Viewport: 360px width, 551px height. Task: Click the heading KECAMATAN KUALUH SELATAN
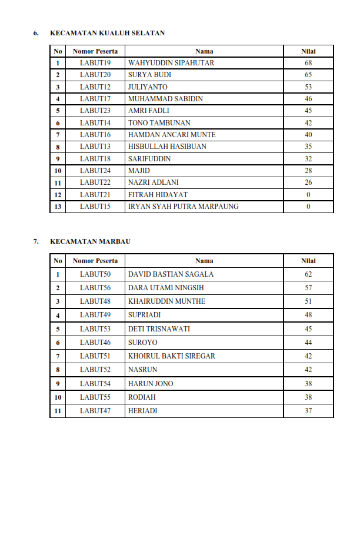pyautogui.click(x=107, y=33)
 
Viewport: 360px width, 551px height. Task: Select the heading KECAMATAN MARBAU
pyautogui.click(x=90, y=241)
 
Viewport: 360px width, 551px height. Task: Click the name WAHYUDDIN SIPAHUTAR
pyautogui.click(x=171, y=63)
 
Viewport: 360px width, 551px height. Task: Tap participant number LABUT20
pyautogui.click(x=95, y=75)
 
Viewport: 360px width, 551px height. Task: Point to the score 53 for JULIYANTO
pyautogui.click(x=308, y=87)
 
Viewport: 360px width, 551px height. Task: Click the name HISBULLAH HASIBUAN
pyautogui.click(x=167, y=147)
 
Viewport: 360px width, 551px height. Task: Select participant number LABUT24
pyautogui.click(x=95, y=171)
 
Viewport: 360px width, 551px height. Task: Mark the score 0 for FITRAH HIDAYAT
pyautogui.click(x=308, y=195)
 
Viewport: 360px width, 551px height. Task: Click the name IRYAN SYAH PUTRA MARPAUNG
pyautogui.click(x=184, y=207)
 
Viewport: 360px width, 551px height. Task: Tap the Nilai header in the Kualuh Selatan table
pyautogui.click(x=308, y=51)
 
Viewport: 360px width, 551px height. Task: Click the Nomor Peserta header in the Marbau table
pyautogui.click(x=95, y=261)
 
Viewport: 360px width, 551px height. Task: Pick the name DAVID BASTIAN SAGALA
pyautogui.click(x=171, y=274)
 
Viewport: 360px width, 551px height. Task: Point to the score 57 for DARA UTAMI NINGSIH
pyautogui.click(x=308, y=288)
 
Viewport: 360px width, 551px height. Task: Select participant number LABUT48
pyautogui.click(x=95, y=301)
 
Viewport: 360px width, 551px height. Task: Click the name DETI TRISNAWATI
pyautogui.click(x=159, y=329)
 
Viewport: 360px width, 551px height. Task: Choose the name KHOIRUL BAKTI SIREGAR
pyautogui.click(x=172, y=356)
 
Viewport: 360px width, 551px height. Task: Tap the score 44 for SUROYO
pyautogui.click(x=308, y=343)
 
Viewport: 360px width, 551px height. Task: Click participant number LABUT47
pyautogui.click(x=95, y=411)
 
